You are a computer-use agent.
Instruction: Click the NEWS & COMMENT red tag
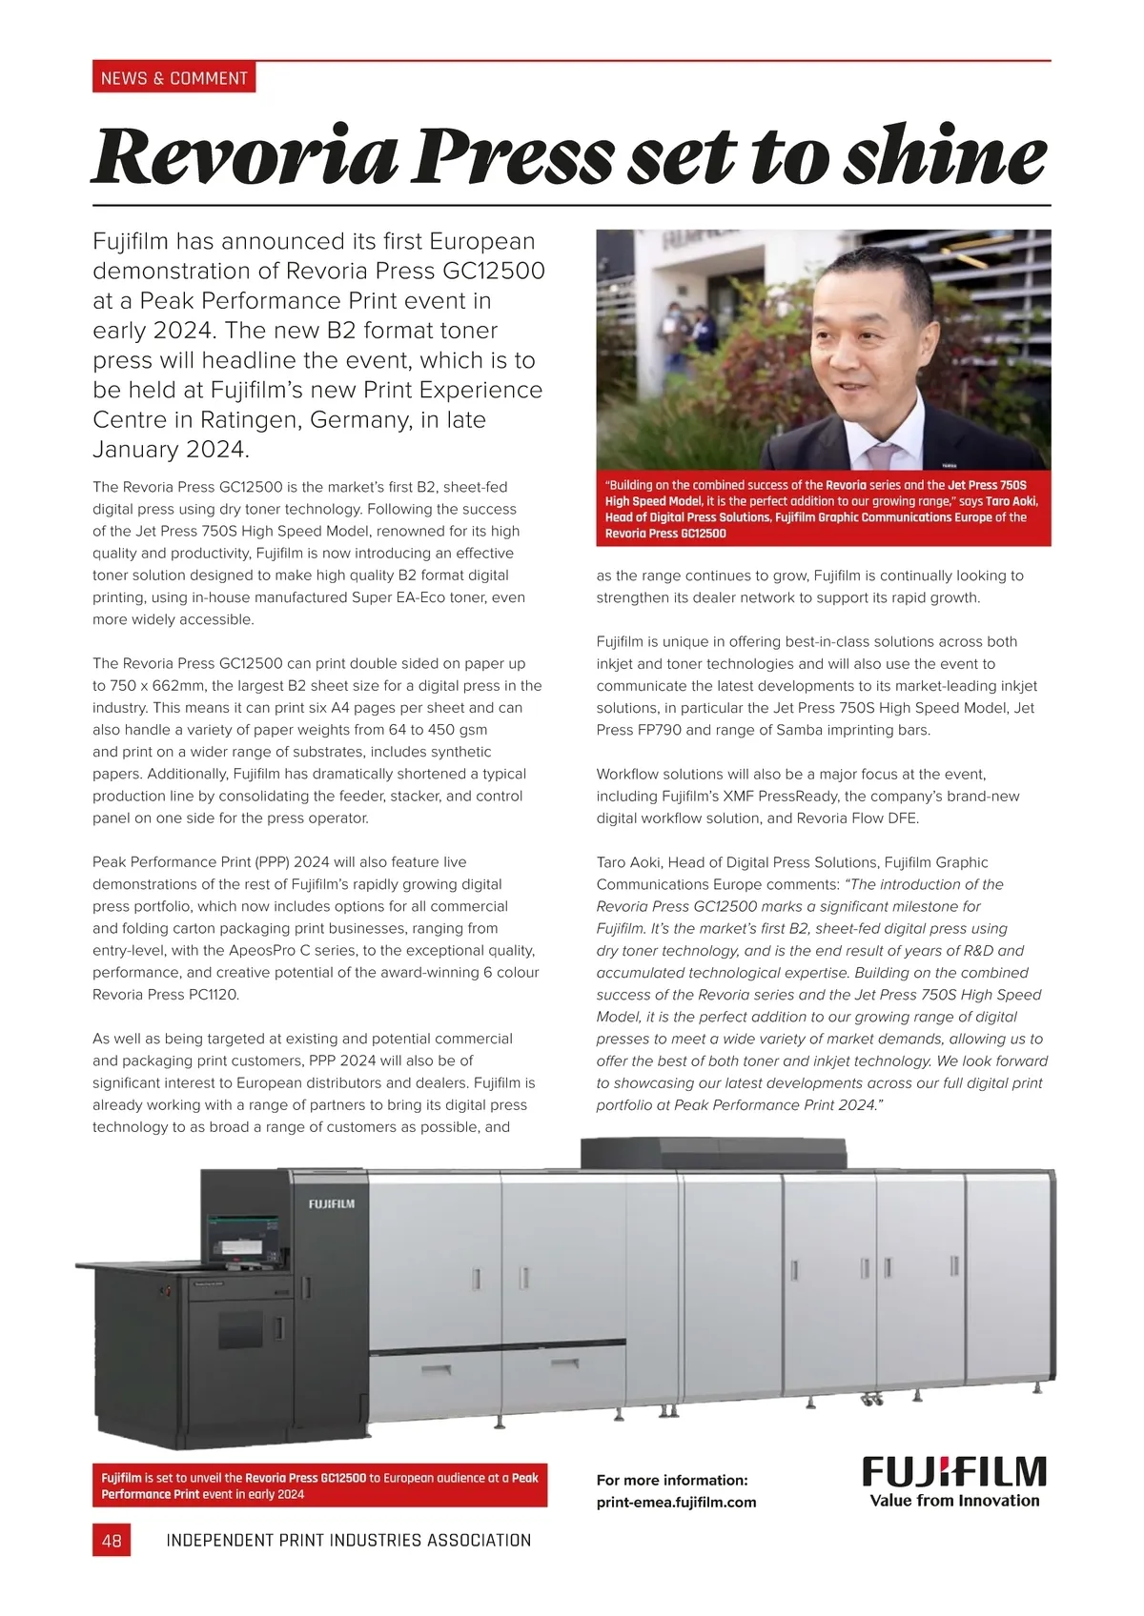click(x=174, y=78)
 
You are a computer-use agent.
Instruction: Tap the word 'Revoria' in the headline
click(x=244, y=156)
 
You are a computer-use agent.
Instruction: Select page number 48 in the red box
click(x=112, y=1540)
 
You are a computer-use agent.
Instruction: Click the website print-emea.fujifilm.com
click(x=676, y=1502)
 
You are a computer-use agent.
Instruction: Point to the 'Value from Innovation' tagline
click(x=954, y=1501)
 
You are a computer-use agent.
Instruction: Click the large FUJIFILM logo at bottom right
click(x=954, y=1472)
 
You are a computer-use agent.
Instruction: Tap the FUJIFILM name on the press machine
click(x=331, y=1203)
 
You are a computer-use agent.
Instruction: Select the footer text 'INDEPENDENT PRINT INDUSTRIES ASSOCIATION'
click(x=348, y=1540)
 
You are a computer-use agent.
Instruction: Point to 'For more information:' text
click(x=672, y=1480)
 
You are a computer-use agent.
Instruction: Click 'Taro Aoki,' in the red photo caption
click(x=1011, y=501)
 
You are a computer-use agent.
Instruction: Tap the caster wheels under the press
click(x=869, y=1400)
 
